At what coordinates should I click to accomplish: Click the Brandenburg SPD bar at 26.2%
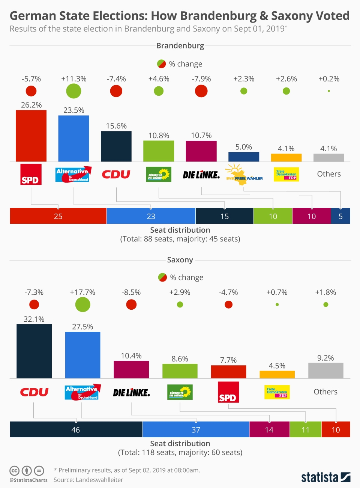pyautogui.click(x=31, y=136)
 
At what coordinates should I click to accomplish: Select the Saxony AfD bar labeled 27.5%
pyautogui.click(x=82, y=355)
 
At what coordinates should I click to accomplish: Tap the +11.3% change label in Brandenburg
pyautogui.click(x=74, y=79)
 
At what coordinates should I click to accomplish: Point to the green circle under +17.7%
pyautogui.click(x=82, y=304)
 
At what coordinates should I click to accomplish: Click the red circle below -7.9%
pyautogui.click(x=201, y=91)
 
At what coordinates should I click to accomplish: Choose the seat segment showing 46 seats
pyautogui.click(x=76, y=429)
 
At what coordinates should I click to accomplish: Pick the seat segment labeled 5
pyautogui.click(x=340, y=216)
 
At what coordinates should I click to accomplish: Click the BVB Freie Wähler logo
pyautogui.click(x=244, y=175)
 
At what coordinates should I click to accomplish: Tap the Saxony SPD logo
pyautogui.click(x=228, y=392)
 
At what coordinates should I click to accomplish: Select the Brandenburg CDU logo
pyautogui.click(x=116, y=174)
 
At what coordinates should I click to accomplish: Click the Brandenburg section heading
pyautogui.click(x=180, y=46)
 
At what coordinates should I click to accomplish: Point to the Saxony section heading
pyautogui.click(x=180, y=260)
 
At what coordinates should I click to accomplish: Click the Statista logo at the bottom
pyautogui.click(x=325, y=477)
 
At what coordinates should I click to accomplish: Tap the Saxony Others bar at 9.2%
pyautogui.click(x=325, y=371)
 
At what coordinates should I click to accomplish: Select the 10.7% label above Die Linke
pyautogui.click(x=201, y=135)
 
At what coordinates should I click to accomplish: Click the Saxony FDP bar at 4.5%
pyautogui.click(x=277, y=374)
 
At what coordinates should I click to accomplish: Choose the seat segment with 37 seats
pyautogui.click(x=196, y=429)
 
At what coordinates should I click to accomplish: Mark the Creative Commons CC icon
pyautogui.click(x=14, y=471)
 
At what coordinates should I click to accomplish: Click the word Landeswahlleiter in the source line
pyautogui.click(x=99, y=480)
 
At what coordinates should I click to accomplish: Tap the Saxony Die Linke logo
pyautogui.click(x=131, y=393)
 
